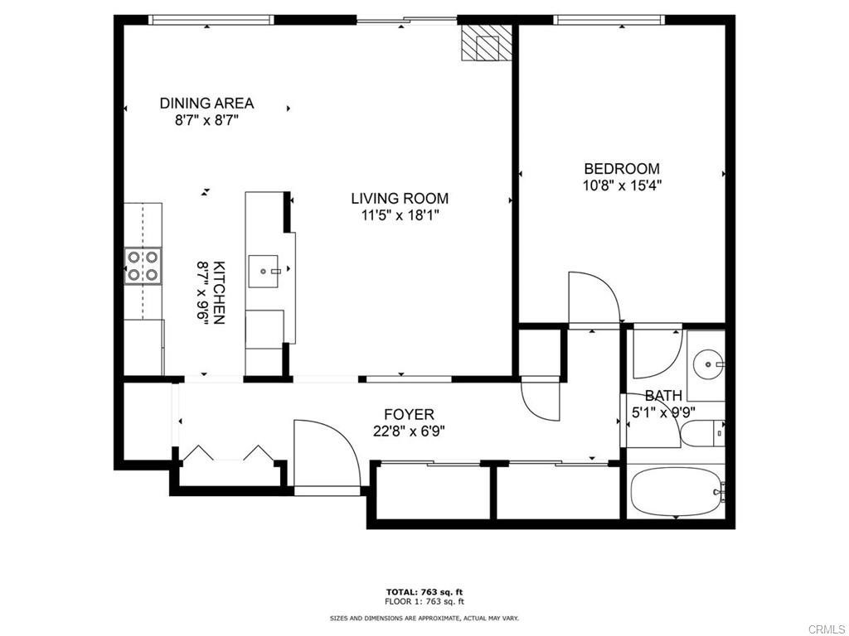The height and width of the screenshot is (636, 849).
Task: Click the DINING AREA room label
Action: point(206,103)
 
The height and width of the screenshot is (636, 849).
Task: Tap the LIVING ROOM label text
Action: point(400,199)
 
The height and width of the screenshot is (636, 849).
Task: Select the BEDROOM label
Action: point(622,169)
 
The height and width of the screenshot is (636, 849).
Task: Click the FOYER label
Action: point(410,415)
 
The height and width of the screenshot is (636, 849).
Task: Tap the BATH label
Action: point(663,396)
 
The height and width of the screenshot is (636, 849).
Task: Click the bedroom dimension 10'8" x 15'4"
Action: point(622,185)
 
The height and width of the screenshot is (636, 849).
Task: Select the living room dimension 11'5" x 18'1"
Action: point(400,215)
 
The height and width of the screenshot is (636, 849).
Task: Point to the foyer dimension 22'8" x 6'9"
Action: point(410,431)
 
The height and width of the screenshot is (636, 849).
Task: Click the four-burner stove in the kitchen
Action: point(143,266)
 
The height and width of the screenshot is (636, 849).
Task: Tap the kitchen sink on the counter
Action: point(264,272)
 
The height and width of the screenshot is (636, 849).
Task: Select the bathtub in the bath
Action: point(677,492)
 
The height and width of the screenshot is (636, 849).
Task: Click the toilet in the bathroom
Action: point(702,434)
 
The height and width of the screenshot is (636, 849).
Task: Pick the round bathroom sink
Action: point(707,364)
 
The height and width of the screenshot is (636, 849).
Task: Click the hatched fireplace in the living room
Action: point(486,42)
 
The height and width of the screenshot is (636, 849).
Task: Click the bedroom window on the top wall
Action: point(609,20)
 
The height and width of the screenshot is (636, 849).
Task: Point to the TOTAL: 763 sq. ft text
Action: point(424,591)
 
